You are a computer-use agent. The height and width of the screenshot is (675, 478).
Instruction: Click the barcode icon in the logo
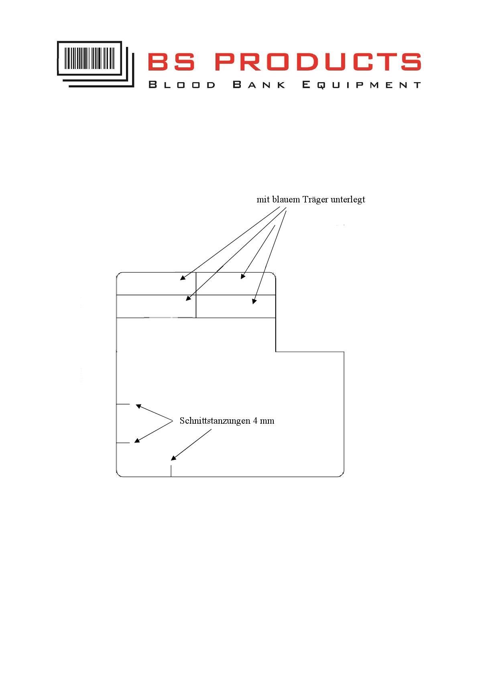click(x=96, y=64)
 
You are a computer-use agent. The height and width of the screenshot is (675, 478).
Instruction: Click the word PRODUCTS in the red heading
click(x=318, y=61)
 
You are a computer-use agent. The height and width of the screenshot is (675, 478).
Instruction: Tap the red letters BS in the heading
click(x=171, y=61)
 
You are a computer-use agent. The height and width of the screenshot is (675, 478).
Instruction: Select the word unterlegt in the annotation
click(x=348, y=200)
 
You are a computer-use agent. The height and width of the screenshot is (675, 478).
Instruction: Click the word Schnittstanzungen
click(x=215, y=420)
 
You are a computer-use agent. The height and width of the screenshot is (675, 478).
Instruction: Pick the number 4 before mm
click(x=255, y=421)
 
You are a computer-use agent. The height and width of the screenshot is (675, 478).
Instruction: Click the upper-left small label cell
click(x=156, y=283)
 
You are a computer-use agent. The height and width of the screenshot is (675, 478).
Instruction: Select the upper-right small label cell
click(x=236, y=283)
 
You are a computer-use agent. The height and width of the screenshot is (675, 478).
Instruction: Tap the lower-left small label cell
click(x=156, y=307)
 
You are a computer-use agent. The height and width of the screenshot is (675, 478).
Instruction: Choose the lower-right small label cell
click(x=236, y=307)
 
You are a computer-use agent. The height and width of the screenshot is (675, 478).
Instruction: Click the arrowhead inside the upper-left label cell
click(x=183, y=278)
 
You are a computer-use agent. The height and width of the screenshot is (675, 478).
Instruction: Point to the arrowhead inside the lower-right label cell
click(x=254, y=301)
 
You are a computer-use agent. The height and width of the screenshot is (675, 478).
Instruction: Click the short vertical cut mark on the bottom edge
click(x=171, y=471)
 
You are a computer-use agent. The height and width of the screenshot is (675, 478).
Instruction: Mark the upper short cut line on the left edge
click(x=123, y=404)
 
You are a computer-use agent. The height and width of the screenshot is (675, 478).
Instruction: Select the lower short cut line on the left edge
click(x=123, y=443)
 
